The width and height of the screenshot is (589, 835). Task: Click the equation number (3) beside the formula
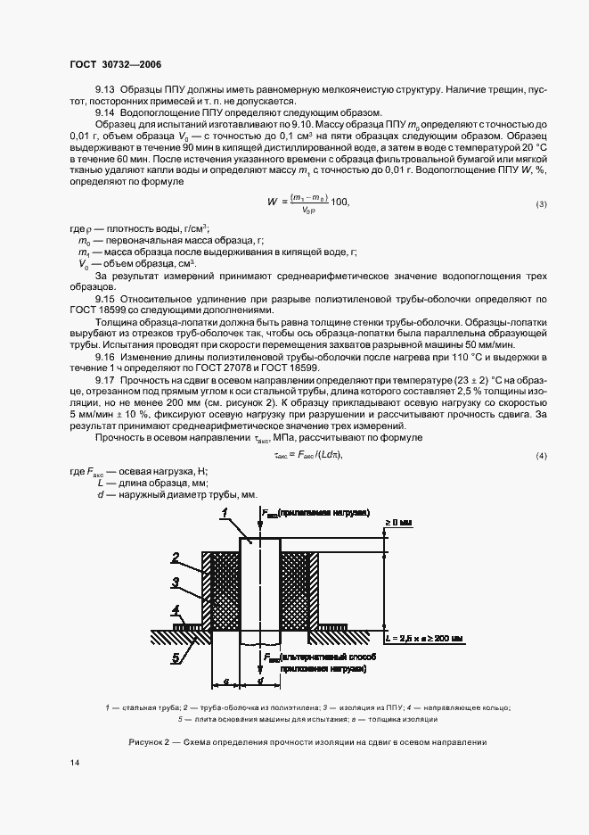[541, 204]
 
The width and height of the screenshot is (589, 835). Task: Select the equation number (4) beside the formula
[541, 457]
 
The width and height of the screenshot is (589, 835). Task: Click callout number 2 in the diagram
[176, 558]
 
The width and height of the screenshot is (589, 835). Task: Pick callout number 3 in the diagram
[176, 581]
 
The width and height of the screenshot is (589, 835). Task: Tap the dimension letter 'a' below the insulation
[225, 680]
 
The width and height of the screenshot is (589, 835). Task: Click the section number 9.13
[105, 90]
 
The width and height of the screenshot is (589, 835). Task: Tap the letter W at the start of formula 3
[273, 203]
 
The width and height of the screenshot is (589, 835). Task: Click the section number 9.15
[105, 300]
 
